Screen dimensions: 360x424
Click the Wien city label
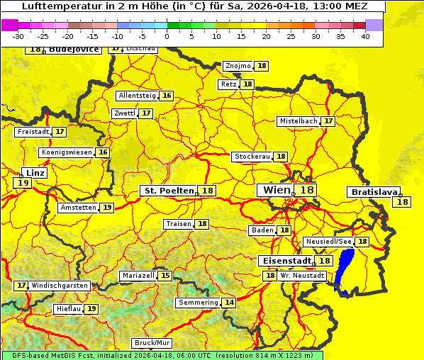click(x=277, y=190)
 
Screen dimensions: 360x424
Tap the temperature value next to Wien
click(x=306, y=190)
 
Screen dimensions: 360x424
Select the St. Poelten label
click(x=169, y=191)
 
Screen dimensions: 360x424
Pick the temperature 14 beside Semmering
click(x=229, y=303)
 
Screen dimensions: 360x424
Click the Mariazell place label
click(x=138, y=276)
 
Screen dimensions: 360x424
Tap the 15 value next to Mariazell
click(x=165, y=276)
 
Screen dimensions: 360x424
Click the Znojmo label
click(x=238, y=66)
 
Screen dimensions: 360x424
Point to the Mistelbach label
click(x=298, y=121)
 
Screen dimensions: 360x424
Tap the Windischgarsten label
click(x=60, y=286)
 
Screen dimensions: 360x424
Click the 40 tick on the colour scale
click(x=366, y=36)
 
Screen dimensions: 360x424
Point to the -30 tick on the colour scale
click(x=18, y=36)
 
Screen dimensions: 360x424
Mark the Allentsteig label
click(x=137, y=96)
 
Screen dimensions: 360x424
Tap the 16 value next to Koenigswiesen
click(x=104, y=152)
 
